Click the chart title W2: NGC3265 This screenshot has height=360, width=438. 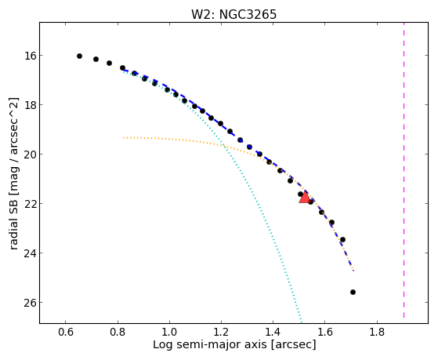(233, 14)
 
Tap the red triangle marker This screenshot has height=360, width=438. (305, 197)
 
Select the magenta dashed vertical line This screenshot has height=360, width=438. (404, 170)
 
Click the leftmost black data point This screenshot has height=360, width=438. (79, 56)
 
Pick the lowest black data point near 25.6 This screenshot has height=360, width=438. (353, 292)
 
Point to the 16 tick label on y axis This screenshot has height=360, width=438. (30, 56)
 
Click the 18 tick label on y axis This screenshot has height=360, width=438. (30, 105)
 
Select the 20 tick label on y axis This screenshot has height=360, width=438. (30, 155)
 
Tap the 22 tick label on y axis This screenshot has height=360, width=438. (30, 203)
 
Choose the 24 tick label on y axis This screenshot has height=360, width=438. (30, 253)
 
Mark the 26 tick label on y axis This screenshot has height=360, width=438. (30, 303)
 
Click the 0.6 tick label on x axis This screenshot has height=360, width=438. (66, 332)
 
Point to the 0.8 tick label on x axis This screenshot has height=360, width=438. (118, 332)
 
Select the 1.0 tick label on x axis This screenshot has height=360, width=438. (169, 332)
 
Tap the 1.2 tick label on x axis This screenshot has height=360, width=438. (221, 332)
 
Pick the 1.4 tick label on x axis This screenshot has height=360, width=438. (273, 332)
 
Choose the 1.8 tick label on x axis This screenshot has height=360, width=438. (377, 332)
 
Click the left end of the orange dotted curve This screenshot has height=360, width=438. (124, 137)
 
